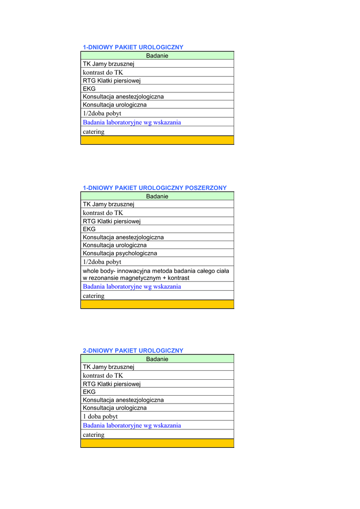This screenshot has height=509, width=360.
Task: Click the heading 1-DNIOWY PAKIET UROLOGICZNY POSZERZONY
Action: click(x=154, y=188)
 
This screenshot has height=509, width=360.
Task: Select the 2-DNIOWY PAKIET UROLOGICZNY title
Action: click(x=133, y=350)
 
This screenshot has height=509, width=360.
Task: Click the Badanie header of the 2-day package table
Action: click(x=157, y=359)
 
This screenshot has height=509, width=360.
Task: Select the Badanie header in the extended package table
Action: click(x=157, y=196)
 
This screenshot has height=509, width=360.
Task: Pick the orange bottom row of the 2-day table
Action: click(x=157, y=443)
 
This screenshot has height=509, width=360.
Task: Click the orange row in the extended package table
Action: click(x=157, y=304)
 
